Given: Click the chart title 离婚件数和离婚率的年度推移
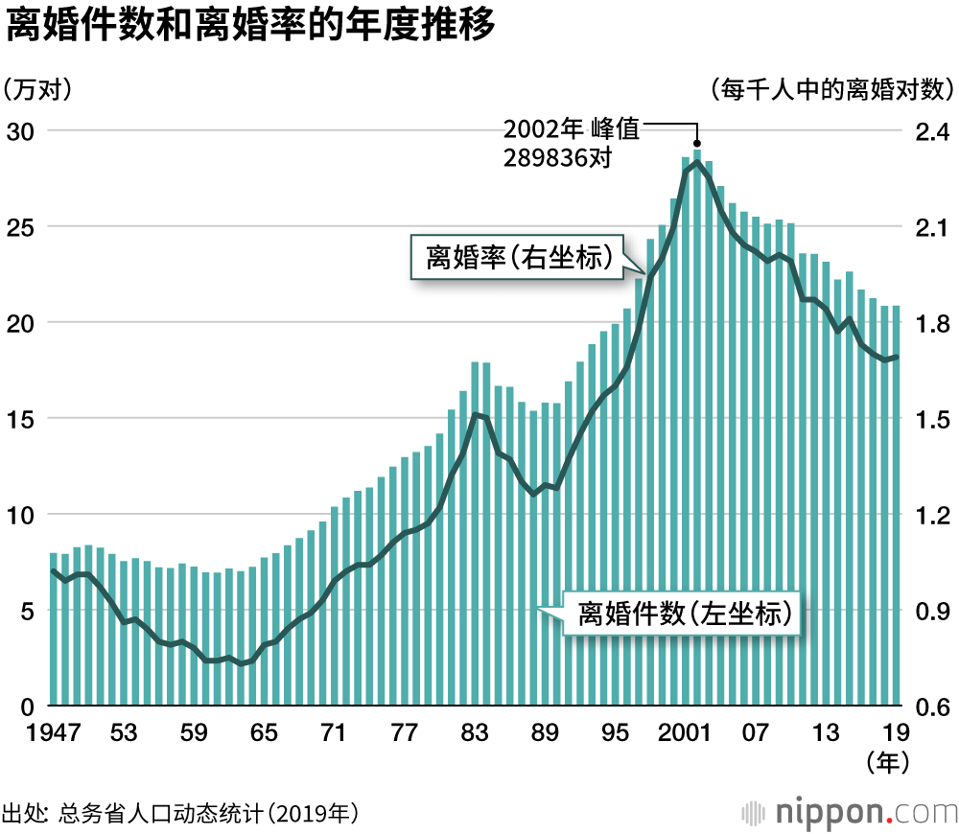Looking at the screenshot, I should (251, 27).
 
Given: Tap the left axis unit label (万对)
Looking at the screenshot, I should (38, 90).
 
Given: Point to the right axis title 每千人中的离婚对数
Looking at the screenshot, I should (832, 90).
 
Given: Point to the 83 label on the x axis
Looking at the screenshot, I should (474, 733).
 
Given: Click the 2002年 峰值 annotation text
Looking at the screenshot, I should (571, 129).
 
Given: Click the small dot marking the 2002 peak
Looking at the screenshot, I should (697, 143).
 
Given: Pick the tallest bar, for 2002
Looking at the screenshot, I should (697, 431).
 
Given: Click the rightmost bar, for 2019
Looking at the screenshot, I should (896, 508).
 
